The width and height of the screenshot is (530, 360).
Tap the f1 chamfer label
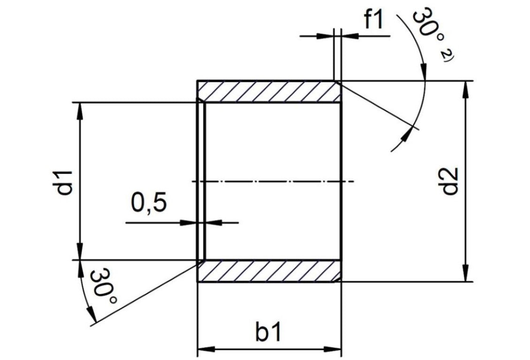coord(373,21)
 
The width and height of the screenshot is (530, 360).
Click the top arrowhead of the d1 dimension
coord(80,111)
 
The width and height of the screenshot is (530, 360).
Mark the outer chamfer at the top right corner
coord(339,83)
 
